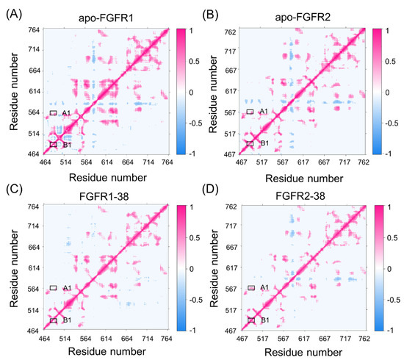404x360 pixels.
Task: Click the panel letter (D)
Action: click(212, 192)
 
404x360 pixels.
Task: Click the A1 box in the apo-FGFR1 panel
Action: click(54, 112)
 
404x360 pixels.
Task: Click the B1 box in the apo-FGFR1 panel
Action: click(54, 144)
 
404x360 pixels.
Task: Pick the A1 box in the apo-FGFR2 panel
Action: click(250, 112)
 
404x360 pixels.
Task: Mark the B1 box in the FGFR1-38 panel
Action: click(54, 320)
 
